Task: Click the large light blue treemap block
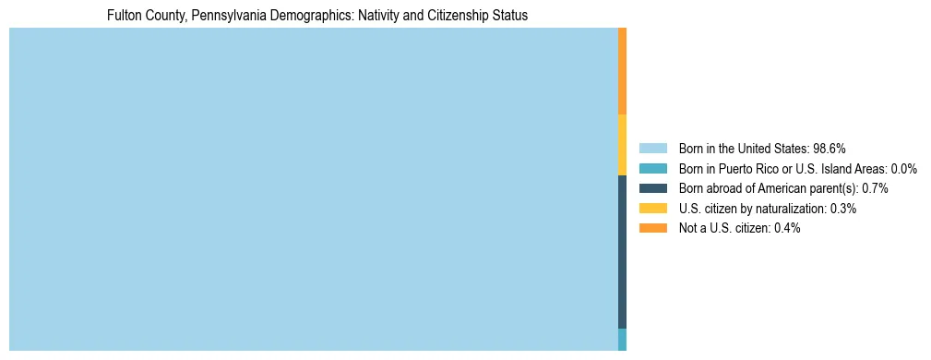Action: [x=313, y=189]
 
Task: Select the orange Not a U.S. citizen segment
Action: [x=622, y=71]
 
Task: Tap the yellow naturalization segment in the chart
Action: [x=622, y=144]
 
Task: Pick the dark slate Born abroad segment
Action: [x=622, y=251]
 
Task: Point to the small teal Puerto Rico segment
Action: [x=622, y=339]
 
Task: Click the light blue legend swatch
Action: [x=652, y=148]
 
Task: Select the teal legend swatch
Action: [x=652, y=168]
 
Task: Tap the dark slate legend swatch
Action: [x=652, y=188]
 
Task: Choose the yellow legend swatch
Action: [x=652, y=209]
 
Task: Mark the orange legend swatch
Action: [x=652, y=228]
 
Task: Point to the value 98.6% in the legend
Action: [x=830, y=148]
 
